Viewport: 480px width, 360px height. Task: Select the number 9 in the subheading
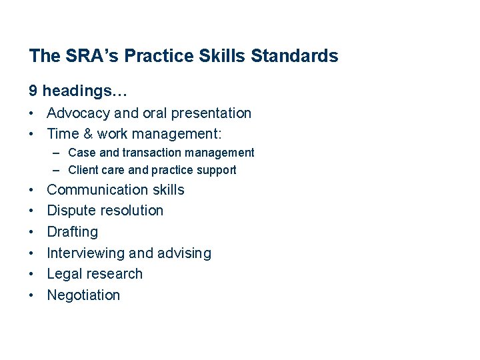point(33,89)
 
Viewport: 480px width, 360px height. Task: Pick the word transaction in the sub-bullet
point(148,153)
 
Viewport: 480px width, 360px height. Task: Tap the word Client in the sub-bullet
point(83,170)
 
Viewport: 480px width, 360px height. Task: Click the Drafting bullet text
point(73,232)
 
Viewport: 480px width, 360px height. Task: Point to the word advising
point(185,253)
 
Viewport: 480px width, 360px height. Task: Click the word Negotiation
point(83,295)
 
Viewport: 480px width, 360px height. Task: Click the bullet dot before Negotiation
point(33,295)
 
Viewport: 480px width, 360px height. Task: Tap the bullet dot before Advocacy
point(33,113)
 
